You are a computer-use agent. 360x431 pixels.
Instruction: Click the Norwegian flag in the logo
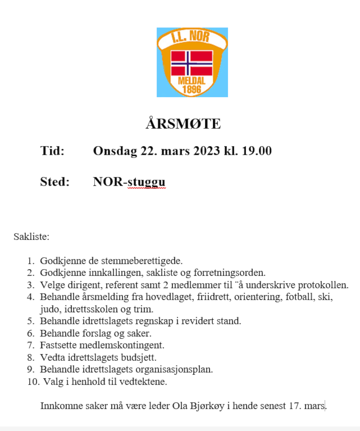tap(192, 63)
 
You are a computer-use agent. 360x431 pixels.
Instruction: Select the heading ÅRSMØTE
tap(183, 124)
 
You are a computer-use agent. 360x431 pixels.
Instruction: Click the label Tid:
tap(52, 151)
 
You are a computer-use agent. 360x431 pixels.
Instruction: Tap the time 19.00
tap(257, 151)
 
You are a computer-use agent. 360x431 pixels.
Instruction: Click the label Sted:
tap(54, 182)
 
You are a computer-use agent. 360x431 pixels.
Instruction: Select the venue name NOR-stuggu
tap(129, 182)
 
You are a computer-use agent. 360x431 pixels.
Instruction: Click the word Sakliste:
tap(31, 237)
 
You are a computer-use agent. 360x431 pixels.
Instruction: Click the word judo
tap(49, 309)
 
